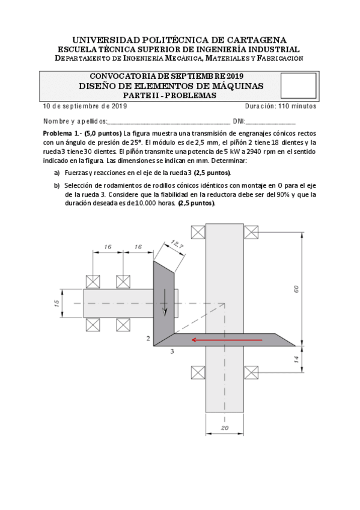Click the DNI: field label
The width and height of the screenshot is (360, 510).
[239, 121]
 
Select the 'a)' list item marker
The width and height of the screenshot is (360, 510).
[58, 172]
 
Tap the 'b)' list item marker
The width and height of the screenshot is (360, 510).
[58, 185]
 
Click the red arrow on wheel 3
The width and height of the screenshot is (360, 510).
[227, 340]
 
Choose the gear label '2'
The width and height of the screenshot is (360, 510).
[148, 339]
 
